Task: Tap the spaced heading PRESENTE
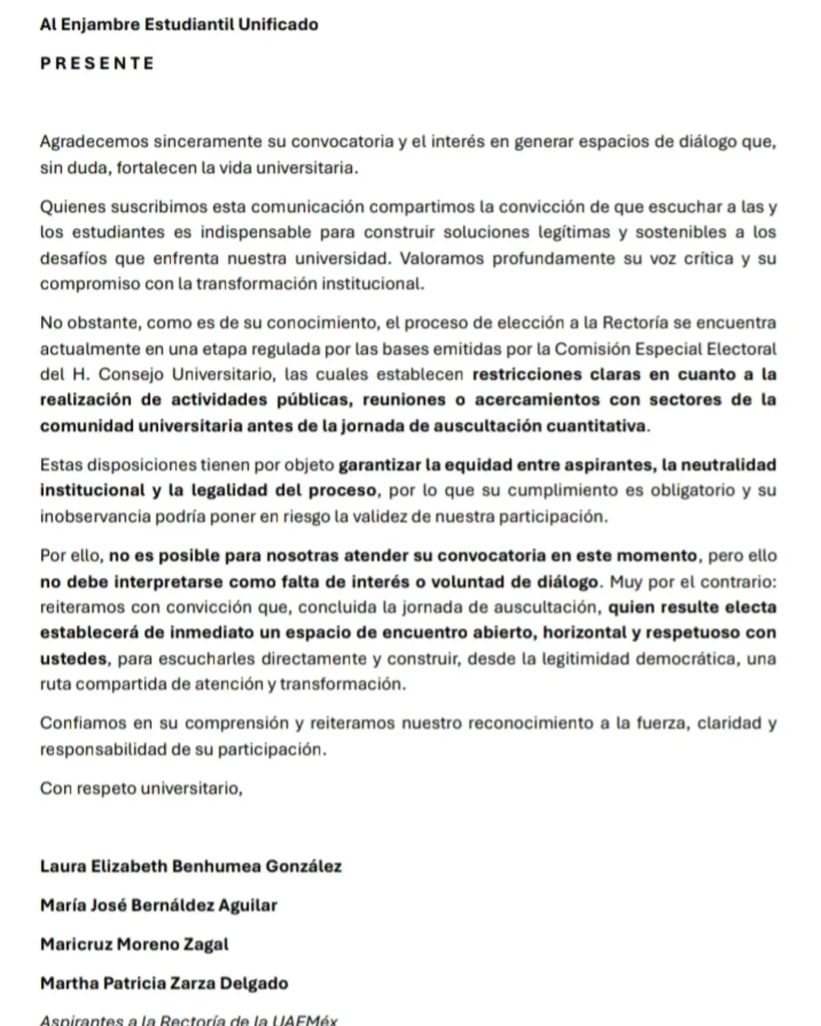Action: click(97, 63)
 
